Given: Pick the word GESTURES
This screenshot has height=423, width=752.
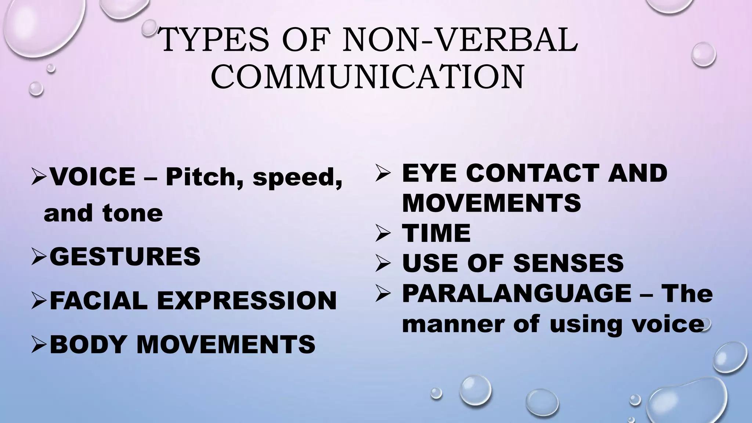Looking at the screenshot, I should (x=125, y=257).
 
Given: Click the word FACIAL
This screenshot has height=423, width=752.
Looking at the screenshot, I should (x=98, y=300).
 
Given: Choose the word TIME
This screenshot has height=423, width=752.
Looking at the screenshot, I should (x=436, y=233).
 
